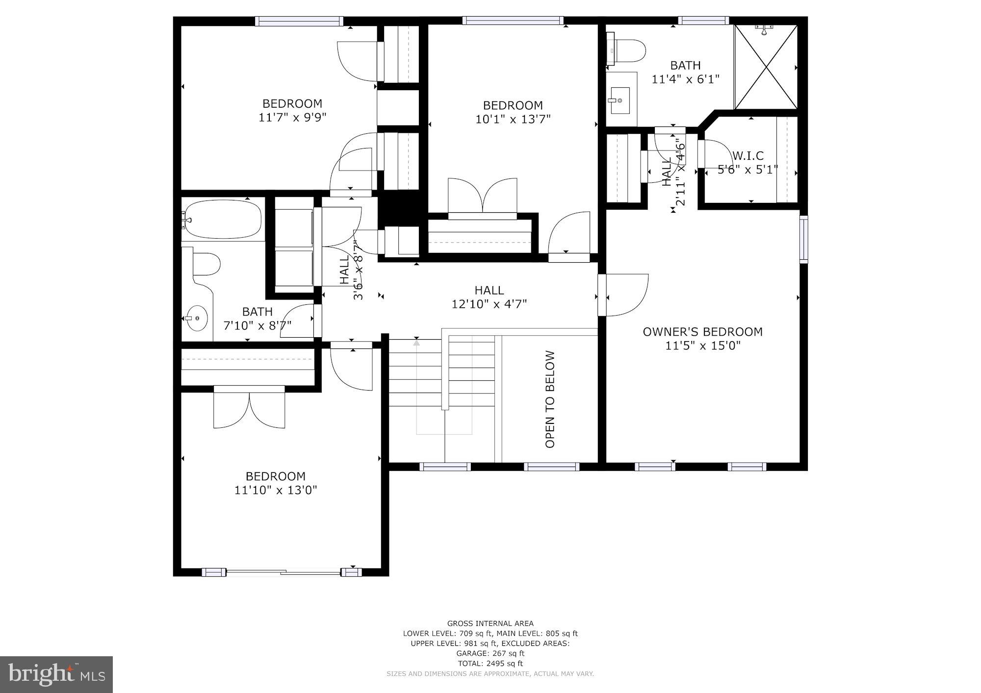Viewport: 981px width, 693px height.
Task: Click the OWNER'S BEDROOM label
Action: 702,332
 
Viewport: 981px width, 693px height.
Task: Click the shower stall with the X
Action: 765,67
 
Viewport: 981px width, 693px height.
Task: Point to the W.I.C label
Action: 748,156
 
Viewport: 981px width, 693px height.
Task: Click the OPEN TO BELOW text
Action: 550,399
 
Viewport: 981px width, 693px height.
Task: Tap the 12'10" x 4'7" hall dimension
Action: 489,304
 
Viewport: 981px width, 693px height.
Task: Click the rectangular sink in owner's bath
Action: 620,100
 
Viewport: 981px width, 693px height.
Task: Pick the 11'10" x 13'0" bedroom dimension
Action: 276,490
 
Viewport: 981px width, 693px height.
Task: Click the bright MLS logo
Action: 56,674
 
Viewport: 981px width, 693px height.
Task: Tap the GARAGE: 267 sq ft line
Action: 490,653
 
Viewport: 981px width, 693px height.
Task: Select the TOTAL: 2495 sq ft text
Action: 490,664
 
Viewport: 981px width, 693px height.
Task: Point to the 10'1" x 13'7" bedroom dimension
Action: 513,119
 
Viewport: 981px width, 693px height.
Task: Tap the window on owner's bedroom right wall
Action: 803,239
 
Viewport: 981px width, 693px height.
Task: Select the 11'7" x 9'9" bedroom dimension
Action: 292,118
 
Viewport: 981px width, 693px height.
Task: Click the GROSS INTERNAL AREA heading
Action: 490,623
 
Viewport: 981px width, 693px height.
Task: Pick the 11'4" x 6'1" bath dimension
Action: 685,79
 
